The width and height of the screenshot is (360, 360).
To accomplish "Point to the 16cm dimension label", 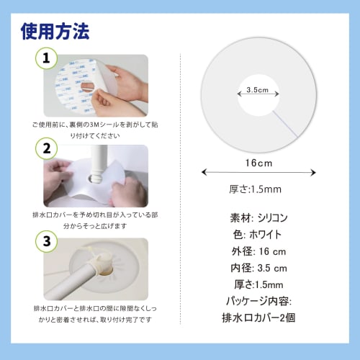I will tap(257, 164).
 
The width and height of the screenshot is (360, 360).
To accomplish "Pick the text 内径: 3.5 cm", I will tap(257, 268).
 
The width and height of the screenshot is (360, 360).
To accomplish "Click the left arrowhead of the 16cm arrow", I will tap(204, 172).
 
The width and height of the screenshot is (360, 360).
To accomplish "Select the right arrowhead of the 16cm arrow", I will tap(313, 172).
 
